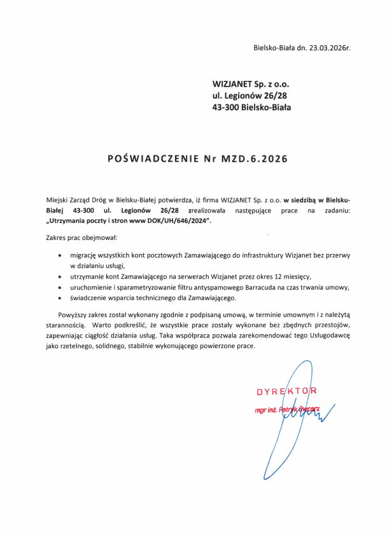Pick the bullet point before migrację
click(x=59, y=255)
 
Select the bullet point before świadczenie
click(x=59, y=298)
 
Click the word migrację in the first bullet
click(x=85, y=255)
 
